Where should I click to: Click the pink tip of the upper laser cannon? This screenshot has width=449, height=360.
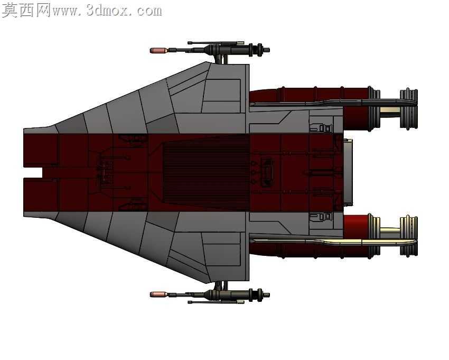click(x=158, y=51)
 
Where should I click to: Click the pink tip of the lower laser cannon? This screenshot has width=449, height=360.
click(x=158, y=294)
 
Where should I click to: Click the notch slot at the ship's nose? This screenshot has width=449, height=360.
click(x=33, y=172)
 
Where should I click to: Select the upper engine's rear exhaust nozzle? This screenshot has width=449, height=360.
click(x=409, y=108)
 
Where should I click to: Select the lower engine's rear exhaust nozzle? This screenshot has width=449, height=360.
click(x=409, y=236)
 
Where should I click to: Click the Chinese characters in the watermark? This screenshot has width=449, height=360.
click(x=26, y=11)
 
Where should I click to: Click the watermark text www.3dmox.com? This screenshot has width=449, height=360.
click(x=107, y=11)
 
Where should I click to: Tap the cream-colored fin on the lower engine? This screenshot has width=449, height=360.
click(x=335, y=242)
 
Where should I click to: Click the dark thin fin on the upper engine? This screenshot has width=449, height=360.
click(x=335, y=103)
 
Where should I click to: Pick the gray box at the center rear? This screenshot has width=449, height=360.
click(x=348, y=172)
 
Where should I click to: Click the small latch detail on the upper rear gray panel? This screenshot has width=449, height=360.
click(x=321, y=128)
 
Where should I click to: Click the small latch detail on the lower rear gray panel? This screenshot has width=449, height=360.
click(x=321, y=217)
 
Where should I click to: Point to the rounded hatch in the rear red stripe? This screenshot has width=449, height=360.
click(x=266, y=172)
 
